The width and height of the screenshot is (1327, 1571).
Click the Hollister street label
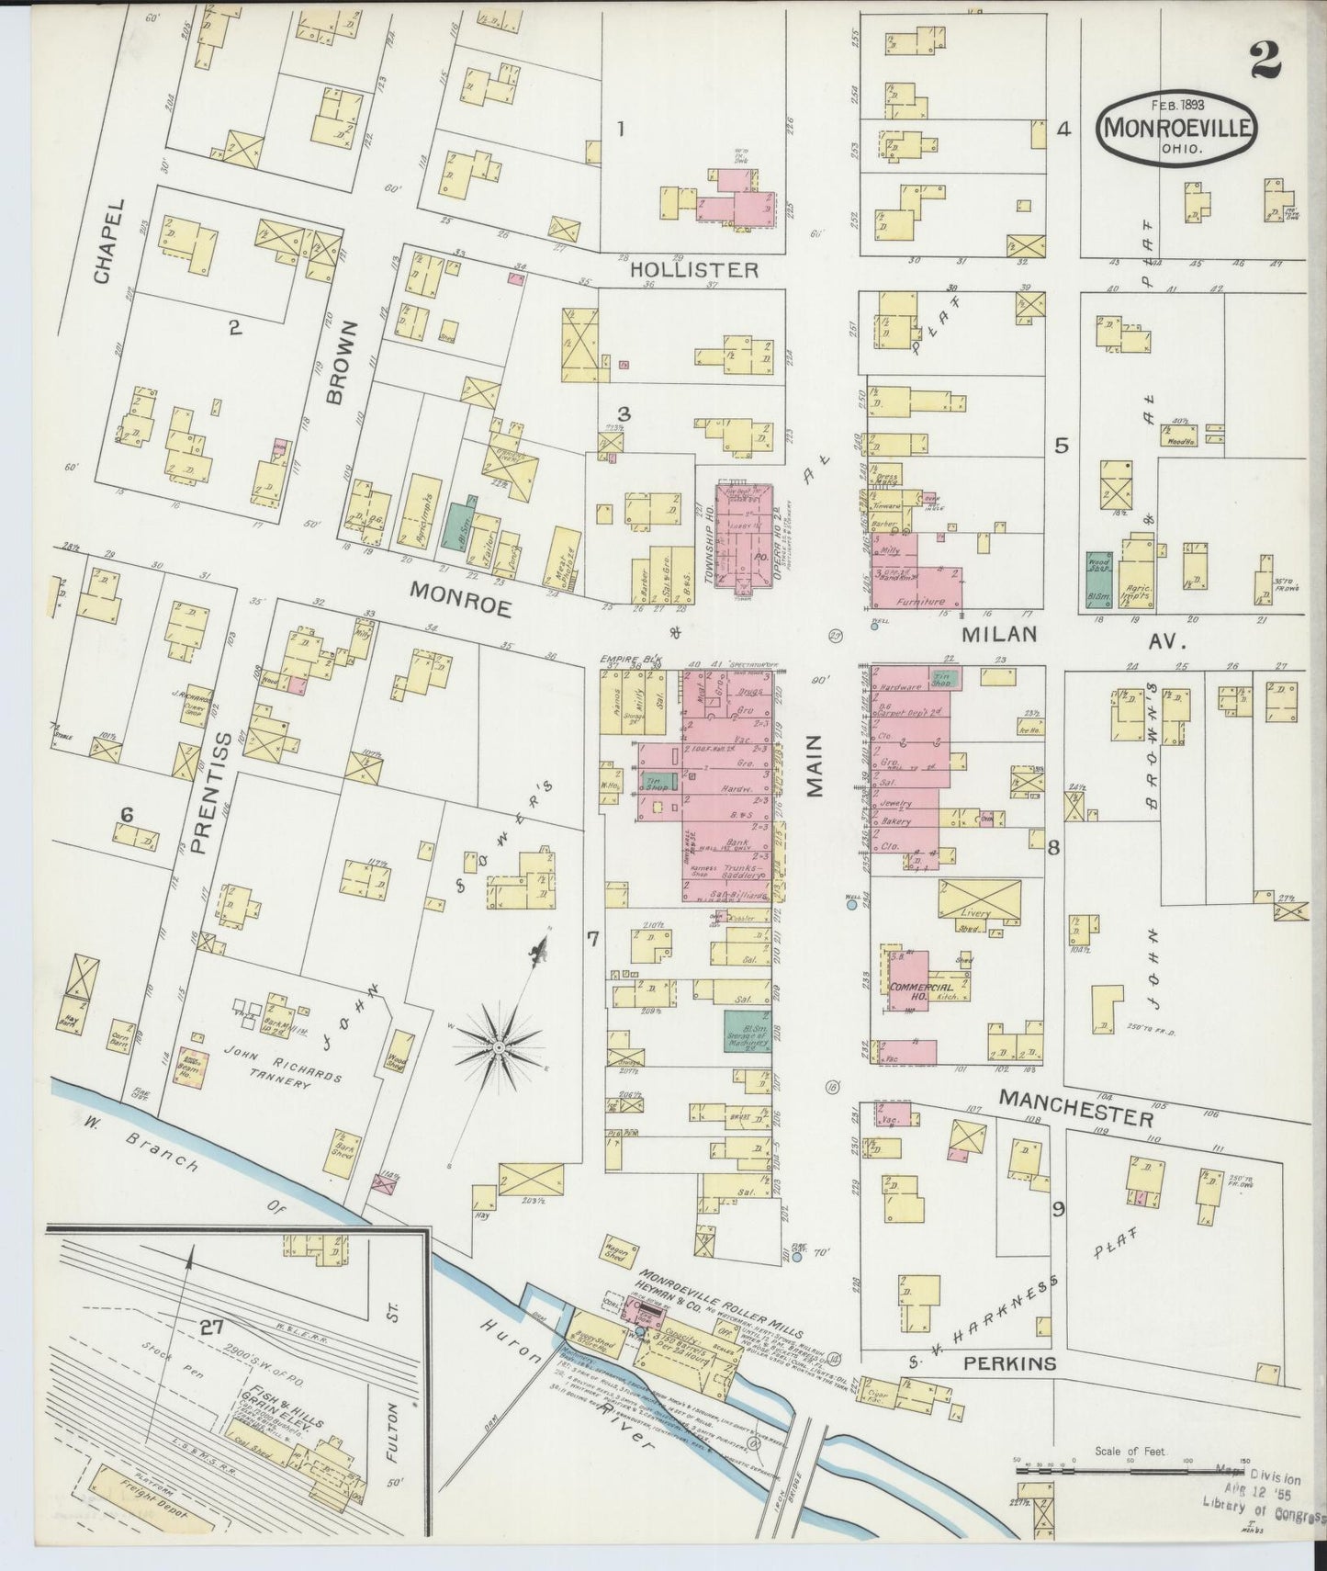pyautogui.click(x=694, y=270)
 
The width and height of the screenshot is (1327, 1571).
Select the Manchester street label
pyautogui.click(x=1075, y=1107)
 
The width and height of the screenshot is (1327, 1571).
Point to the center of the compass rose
pyautogui.click(x=498, y=1047)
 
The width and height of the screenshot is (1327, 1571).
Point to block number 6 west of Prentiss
pyautogui.click(x=127, y=814)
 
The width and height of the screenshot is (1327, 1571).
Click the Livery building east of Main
pyautogui.click(x=979, y=901)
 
